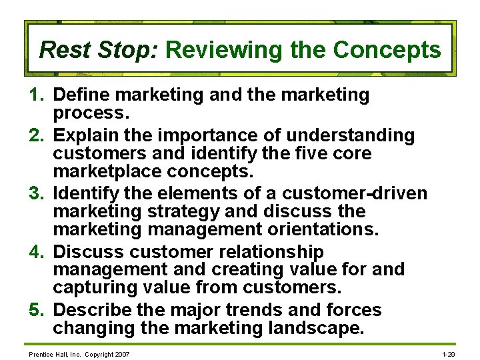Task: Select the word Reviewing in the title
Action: tap(205, 50)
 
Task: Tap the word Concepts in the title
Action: tap(387, 50)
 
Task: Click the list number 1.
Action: tap(37, 95)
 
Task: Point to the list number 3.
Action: tap(37, 194)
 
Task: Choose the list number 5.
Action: tap(37, 310)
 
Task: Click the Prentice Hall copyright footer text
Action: tap(79, 353)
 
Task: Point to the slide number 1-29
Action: tap(449, 353)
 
